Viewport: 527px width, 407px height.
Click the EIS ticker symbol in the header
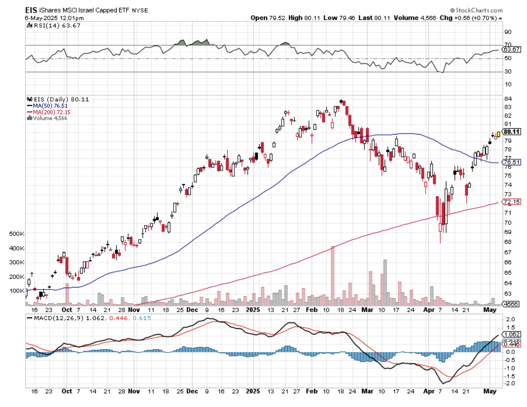(x=32, y=9)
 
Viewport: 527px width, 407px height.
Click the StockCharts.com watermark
(x=478, y=10)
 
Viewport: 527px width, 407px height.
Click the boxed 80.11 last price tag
(x=512, y=132)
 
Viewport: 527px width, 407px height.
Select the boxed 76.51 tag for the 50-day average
(x=512, y=162)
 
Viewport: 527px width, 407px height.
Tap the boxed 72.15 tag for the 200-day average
(x=512, y=202)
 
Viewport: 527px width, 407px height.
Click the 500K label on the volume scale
(x=17, y=234)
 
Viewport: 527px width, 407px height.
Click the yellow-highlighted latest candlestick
(x=498, y=134)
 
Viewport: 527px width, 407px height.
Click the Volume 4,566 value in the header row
(x=403, y=17)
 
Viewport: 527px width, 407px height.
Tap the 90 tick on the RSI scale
(x=508, y=32)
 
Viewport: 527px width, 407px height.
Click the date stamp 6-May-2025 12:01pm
(x=48, y=17)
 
